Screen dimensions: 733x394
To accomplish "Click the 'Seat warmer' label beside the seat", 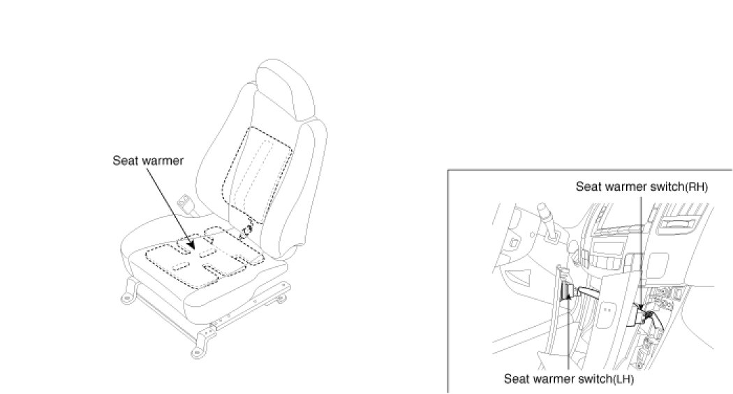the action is coord(148,161).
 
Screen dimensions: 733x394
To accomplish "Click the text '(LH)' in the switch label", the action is coord(619,380).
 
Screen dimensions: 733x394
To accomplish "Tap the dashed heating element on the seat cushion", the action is coord(202,258).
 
